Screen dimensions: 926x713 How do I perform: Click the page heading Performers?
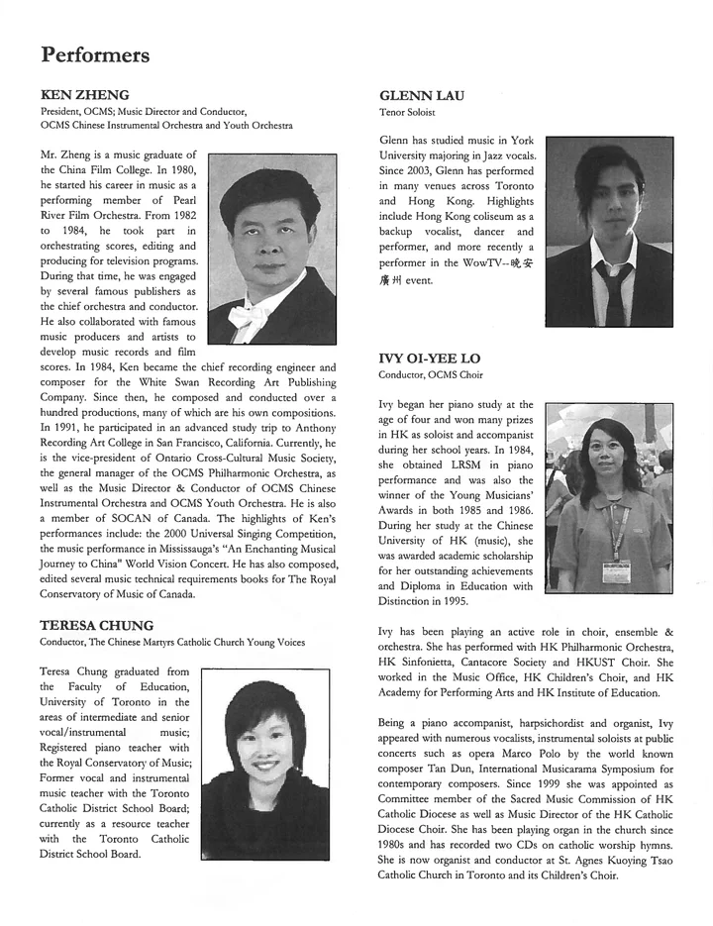click(95, 54)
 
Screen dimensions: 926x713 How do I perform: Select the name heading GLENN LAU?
click(422, 95)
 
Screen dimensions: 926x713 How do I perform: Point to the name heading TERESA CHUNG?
click(98, 625)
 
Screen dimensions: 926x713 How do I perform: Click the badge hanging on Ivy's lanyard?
click(615, 571)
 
